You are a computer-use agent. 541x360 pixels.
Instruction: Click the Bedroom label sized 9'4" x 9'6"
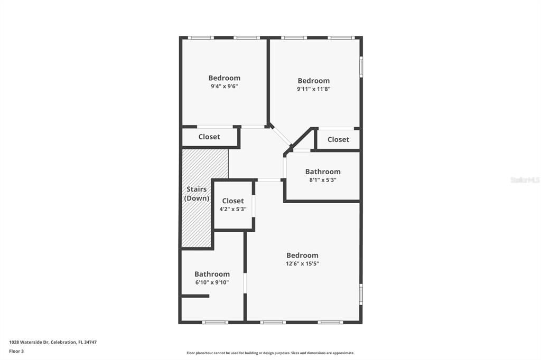[224, 78]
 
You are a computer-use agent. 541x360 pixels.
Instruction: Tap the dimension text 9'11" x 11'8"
[313, 89]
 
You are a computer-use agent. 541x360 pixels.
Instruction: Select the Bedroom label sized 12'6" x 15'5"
[302, 255]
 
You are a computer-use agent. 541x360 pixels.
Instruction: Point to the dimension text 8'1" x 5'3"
[322, 180]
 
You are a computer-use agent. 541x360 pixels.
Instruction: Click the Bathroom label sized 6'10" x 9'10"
[212, 274]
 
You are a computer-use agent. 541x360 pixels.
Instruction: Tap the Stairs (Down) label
[197, 194]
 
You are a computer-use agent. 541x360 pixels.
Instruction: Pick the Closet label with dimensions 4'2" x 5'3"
[233, 201]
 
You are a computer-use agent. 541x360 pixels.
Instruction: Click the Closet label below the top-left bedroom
[209, 137]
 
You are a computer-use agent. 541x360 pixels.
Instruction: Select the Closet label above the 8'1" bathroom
[338, 139]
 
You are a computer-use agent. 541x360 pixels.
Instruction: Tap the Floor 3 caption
[16, 351]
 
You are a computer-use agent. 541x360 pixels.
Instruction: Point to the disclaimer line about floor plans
[270, 353]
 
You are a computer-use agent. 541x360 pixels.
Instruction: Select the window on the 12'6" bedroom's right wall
[361, 294]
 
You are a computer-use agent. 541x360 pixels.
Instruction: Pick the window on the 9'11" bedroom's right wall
[361, 67]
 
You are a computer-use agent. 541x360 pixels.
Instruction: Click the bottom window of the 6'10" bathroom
[215, 322]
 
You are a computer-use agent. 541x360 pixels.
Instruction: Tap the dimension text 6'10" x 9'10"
[212, 282]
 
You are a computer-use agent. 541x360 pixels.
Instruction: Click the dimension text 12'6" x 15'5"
[302, 263]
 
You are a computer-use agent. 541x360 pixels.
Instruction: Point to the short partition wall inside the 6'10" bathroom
[195, 296]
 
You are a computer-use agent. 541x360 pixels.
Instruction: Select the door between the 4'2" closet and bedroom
[254, 206]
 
